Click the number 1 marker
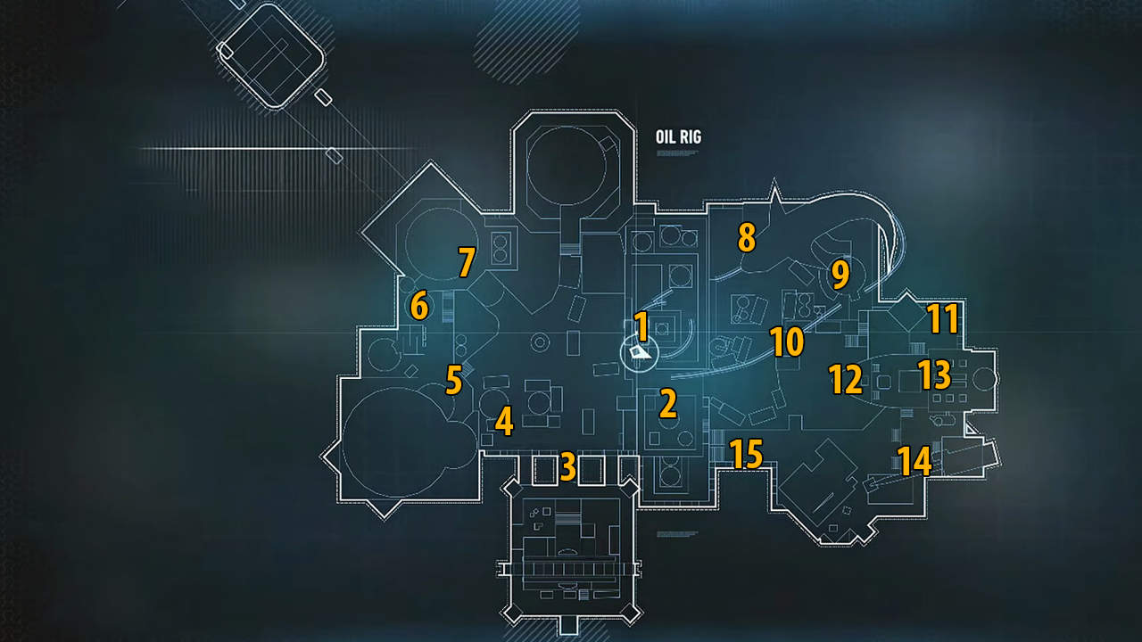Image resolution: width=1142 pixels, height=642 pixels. [641, 325]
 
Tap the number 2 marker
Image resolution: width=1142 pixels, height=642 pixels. [667, 404]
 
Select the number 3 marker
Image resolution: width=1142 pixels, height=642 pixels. [567, 466]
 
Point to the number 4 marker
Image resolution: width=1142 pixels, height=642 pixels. [504, 421]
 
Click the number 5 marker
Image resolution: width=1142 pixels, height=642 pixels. [453, 381]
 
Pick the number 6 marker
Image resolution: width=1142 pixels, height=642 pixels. [418, 307]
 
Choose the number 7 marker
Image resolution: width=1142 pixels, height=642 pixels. [465, 262]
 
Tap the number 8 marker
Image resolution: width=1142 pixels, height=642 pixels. [746, 238]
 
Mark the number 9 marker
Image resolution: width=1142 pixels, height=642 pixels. [840, 276]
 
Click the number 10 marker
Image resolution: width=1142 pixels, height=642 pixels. [787, 342]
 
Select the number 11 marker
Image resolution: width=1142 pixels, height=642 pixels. [942, 318]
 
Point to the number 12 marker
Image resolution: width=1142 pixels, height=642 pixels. [845, 380]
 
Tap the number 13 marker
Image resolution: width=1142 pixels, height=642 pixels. [934, 375]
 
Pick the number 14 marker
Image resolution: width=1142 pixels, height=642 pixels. [914, 461]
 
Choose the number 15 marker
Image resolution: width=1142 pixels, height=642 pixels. [747, 455]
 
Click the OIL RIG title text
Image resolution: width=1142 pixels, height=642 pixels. [678, 137]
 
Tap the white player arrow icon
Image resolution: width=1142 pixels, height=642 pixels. [638, 353]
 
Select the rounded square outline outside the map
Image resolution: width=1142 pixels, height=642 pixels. [271, 55]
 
